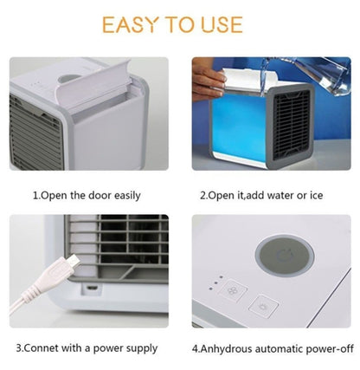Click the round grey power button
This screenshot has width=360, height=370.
tap(278, 260)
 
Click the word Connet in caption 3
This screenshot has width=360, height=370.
tap(44, 348)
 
